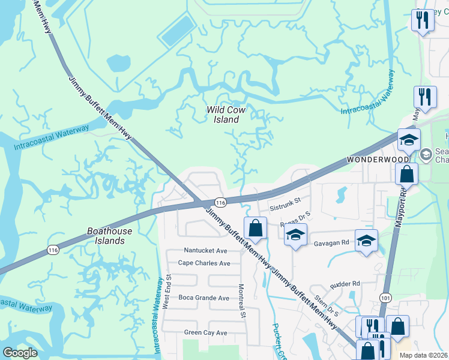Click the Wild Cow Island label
(x=223, y=115)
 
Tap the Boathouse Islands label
(x=106, y=235)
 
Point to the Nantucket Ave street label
(x=205, y=250)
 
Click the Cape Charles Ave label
(x=204, y=263)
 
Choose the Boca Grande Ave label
(x=203, y=298)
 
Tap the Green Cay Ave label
(x=205, y=332)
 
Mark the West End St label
(x=169, y=292)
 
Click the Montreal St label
(x=243, y=301)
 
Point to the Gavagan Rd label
(x=331, y=244)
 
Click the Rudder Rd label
(x=348, y=283)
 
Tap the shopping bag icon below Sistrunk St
(x=255, y=227)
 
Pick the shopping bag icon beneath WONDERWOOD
(x=406, y=174)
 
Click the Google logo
(x=20, y=353)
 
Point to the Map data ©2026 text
(x=423, y=355)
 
